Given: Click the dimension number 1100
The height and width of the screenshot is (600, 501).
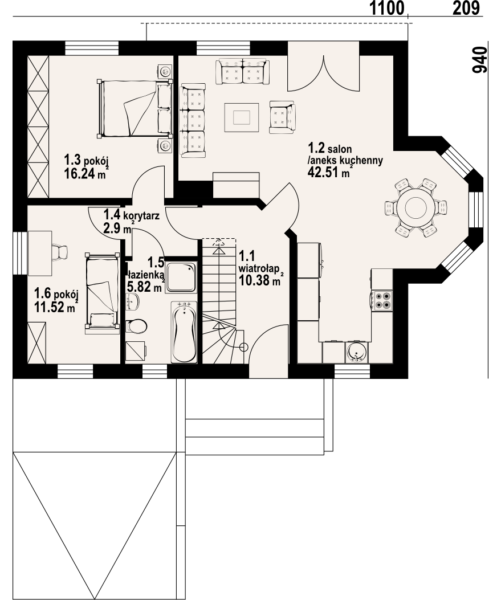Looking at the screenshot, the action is pyautogui.click(x=387, y=8).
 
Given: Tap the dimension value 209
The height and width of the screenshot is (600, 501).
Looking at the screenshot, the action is pyautogui.click(x=466, y=8).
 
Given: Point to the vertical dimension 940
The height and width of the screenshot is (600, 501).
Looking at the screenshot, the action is pyautogui.click(x=479, y=60).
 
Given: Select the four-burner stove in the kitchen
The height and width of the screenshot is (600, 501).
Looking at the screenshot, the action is pyautogui.click(x=381, y=300).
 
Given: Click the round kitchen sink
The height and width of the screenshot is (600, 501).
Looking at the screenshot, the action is pyautogui.click(x=357, y=352).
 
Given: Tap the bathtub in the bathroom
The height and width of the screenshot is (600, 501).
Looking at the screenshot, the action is pyautogui.click(x=184, y=332).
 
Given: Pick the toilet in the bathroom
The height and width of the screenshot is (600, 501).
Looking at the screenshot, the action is pyautogui.click(x=136, y=326).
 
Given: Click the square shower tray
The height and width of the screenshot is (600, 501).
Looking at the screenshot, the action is pyautogui.click(x=181, y=278).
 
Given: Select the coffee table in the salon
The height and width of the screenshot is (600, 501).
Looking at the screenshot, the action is pyautogui.click(x=242, y=117).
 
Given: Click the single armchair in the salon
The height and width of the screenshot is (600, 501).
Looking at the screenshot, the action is pyautogui.click(x=282, y=117).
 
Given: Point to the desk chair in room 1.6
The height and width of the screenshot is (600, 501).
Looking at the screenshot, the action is pyautogui.click(x=59, y=251).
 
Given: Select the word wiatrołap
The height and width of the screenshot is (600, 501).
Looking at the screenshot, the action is pyautogui.click(x=258, y=267).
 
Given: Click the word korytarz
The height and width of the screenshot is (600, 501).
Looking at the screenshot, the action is pyautogui.click(x=141, y=215).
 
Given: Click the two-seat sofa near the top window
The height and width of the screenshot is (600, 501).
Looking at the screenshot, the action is pyautogui.click(x=242, y=71).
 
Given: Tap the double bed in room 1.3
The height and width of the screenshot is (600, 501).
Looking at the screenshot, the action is pyautogui.click(x=135, y=108).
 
